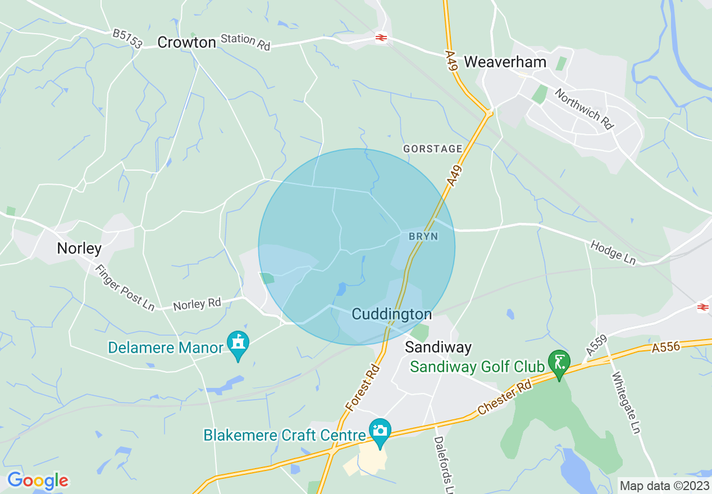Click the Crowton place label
[186, 43]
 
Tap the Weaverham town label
[505, 62]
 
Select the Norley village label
[79, 248]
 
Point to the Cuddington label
[392, 314]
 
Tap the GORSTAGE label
[433, 149]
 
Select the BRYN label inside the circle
[423, 237]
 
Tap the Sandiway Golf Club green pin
[559, 362]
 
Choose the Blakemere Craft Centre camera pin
[380, 430]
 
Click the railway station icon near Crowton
[380, 38]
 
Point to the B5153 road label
[127, 39]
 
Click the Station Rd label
[245, 42]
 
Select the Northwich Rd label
[583, 109]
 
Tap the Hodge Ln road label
[613, 253]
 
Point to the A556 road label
[666, 348]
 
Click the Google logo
[38, 481]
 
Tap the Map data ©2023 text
[664, 485]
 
